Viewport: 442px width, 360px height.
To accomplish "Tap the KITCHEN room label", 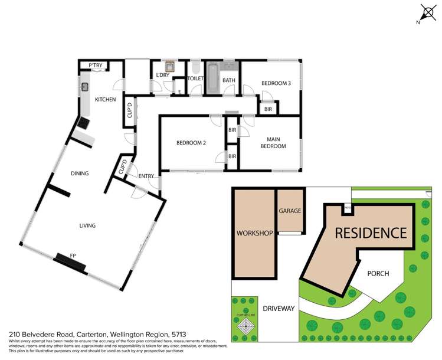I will click(x=105, y=100).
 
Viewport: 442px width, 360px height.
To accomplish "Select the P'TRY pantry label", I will click(x=95, y=66).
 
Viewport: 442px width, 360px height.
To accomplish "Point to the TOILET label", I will click(x=195, y=78).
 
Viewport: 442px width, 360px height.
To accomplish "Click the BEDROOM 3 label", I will click(x=276, y=83).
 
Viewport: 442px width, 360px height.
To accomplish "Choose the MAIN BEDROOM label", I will click(x=273, y=143).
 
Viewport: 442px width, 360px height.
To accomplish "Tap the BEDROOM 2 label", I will click(x=191, y=142).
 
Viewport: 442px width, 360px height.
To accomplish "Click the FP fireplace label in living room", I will click(x=73, y=255).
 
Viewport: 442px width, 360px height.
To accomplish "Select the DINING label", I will click(x=79, y=174).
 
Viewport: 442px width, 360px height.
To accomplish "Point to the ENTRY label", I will click(x=146, y=176).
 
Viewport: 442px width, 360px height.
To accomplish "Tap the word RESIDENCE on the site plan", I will click(x=371, y=233).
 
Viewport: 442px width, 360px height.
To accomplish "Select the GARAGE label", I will click(x=290, y=211).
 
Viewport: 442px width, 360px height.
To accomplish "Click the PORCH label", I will click(x=378, y=274).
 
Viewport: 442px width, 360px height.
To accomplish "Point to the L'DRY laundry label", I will click(x=163, y=75).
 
